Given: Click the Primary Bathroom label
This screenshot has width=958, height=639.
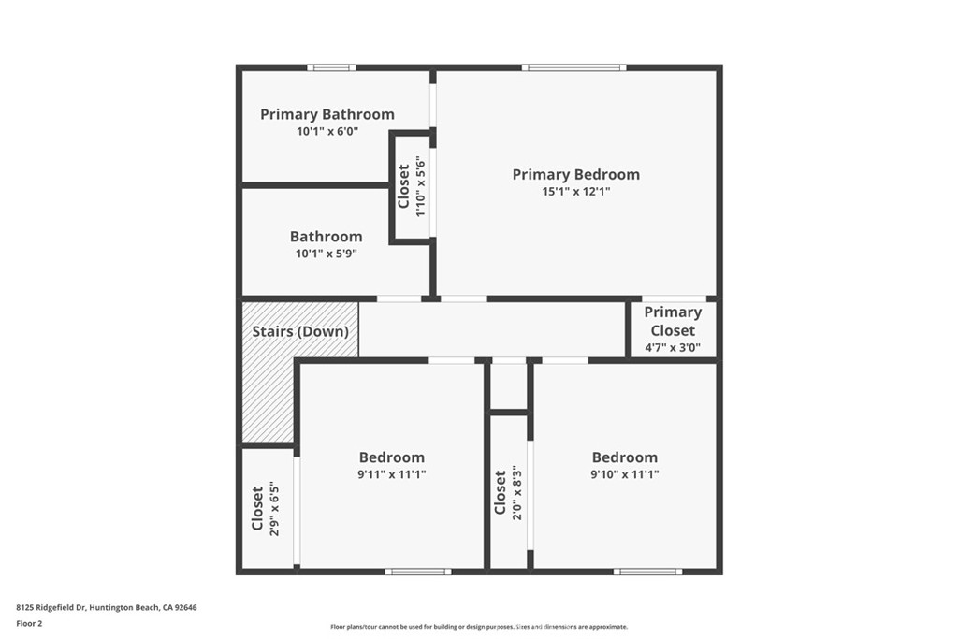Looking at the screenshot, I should tap(327, 114).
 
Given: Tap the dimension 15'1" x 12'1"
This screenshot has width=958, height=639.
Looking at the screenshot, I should tap(575, 191).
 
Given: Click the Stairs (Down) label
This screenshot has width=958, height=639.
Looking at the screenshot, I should tap(300, 331).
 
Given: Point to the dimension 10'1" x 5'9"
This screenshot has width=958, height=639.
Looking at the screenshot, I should tap(326, 253).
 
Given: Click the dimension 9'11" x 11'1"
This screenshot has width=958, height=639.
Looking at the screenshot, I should tap(391, 474).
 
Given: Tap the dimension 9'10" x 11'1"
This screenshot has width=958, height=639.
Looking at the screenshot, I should tap(624, 474).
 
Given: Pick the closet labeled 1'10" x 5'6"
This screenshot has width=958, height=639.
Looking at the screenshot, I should tap(412, 186).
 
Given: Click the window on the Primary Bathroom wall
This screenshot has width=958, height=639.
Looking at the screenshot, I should tap(331, 67).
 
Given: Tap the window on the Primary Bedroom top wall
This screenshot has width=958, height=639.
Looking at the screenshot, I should tap(573, 67).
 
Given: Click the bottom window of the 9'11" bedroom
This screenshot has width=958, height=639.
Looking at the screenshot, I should tap(417, 571).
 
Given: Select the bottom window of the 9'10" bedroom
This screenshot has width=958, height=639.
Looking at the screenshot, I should tap(647, 571).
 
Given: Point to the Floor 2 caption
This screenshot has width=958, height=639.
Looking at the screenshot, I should tap(29, 622).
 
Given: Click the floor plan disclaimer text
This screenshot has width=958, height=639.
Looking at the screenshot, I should tap(478, 627).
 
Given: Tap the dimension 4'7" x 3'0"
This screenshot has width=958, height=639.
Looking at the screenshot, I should tap(672, 347).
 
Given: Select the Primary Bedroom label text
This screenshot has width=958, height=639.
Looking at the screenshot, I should tap(575, 174).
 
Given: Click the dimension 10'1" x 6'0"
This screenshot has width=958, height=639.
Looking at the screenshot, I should tap(327, 132).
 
